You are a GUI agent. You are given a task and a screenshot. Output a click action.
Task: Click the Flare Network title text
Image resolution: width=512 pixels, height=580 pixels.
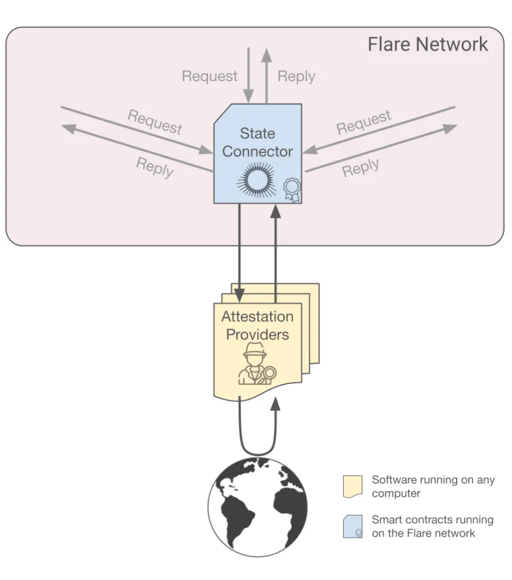pyautogui.click(x=427, y=44)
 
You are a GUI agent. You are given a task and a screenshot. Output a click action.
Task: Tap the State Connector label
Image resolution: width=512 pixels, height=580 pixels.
pyautogui.click(x=258, y=142)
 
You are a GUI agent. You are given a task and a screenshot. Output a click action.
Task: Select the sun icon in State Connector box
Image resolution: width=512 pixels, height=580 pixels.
pyautogui.click(x=257, y=180)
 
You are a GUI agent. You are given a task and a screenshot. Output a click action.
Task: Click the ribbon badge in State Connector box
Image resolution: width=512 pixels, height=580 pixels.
pyautogui.click(x=292, y=189)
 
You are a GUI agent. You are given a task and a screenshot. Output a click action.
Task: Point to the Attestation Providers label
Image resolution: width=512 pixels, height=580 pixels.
pyautogui.click(x=258, y=325)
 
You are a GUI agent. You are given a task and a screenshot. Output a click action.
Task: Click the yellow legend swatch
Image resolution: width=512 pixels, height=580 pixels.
pyautogui.click(x=353, y=487)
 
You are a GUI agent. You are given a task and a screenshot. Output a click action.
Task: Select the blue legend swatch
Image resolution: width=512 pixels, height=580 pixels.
pyautogui.click(x=353, y=526)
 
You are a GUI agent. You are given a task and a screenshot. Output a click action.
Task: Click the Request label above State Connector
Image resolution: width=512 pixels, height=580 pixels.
pyautogui.click(x=210, y=76)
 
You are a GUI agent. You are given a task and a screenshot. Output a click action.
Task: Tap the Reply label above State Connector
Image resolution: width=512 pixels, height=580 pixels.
pyautogui.click(x=296, y=76)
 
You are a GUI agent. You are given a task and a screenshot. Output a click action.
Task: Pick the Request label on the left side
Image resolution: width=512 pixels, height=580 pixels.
pyautogui.click(x=155, y=122)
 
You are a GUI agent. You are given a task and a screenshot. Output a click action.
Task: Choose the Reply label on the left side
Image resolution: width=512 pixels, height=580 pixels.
pyautogui.click(x=154, y=167)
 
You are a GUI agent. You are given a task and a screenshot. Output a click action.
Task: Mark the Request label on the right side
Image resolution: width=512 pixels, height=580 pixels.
pyautogui.click(x=364, y=122)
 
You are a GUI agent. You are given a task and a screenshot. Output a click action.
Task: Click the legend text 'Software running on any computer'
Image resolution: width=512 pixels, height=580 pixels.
pyautogui.click(x=433, y=487)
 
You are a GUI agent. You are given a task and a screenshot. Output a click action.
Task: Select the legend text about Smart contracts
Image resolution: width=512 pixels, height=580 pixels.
pyautogui.click(x=433, y=526)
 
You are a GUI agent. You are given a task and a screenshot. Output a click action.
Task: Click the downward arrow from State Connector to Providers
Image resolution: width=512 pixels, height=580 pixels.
pyautogui.click(x=239, y=253)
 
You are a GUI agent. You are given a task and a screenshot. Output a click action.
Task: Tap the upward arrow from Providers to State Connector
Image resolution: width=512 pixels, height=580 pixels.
pyautogui.click(x=276, y=253)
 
